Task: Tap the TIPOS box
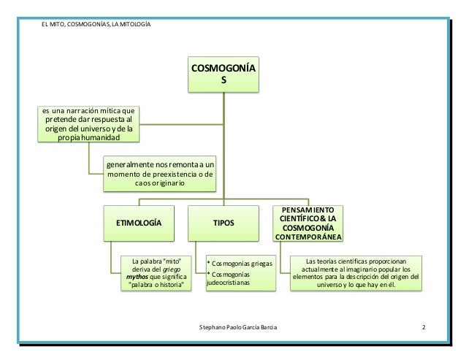224,222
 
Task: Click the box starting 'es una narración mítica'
88,124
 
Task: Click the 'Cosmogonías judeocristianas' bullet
230,278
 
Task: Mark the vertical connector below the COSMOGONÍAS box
224,146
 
